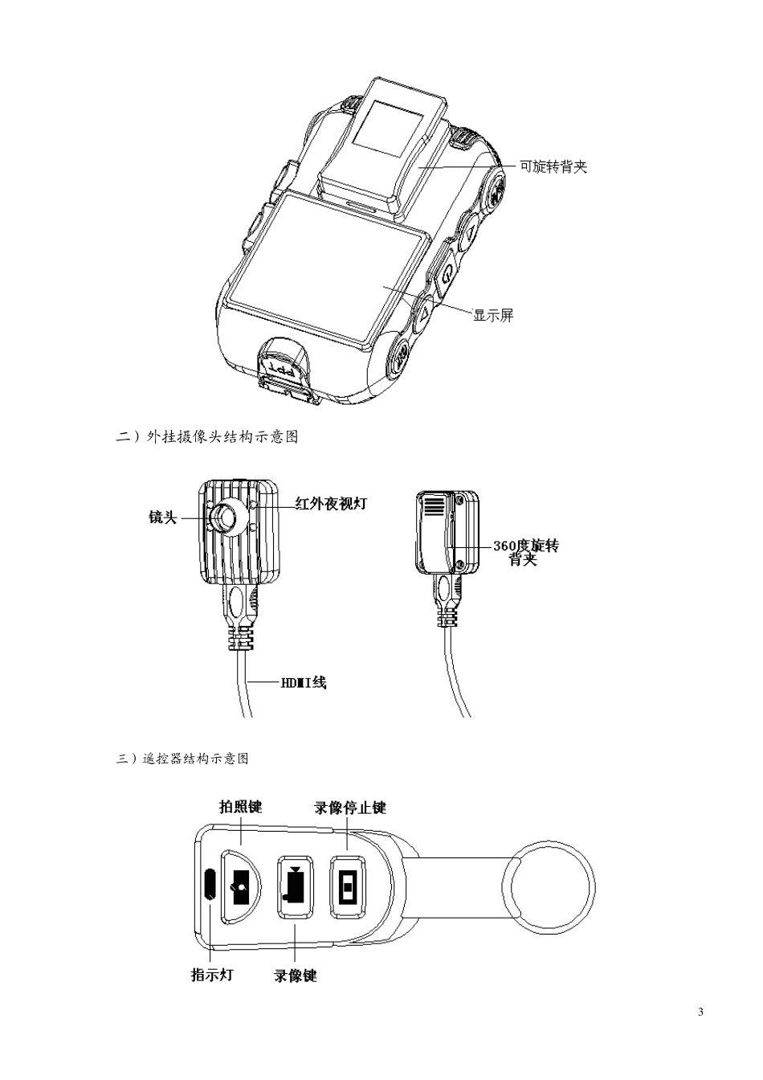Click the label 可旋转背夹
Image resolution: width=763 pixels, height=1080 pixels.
tap(553, 167)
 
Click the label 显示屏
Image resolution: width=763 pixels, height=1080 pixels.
tap(493, 316)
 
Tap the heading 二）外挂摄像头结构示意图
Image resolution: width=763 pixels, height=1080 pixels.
tap(207, 438)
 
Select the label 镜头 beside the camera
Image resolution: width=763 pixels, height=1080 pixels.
tap(162, 517)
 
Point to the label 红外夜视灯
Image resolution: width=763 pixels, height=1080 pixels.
tap(331, 504)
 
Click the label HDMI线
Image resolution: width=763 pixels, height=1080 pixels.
tap(303, 683)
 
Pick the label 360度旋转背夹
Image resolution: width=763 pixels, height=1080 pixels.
tap(525, 552)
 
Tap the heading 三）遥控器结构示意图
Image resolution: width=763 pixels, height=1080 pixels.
tap(182, 759)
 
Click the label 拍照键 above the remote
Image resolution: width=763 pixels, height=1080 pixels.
tap(241, 806)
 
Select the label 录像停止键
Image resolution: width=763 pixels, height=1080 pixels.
tap(350, 808)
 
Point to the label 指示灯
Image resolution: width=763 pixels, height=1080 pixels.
tap(211, 975)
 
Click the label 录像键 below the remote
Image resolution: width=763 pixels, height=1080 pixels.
tap(296, 976)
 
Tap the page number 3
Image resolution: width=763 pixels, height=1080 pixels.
tap(701, 1011)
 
